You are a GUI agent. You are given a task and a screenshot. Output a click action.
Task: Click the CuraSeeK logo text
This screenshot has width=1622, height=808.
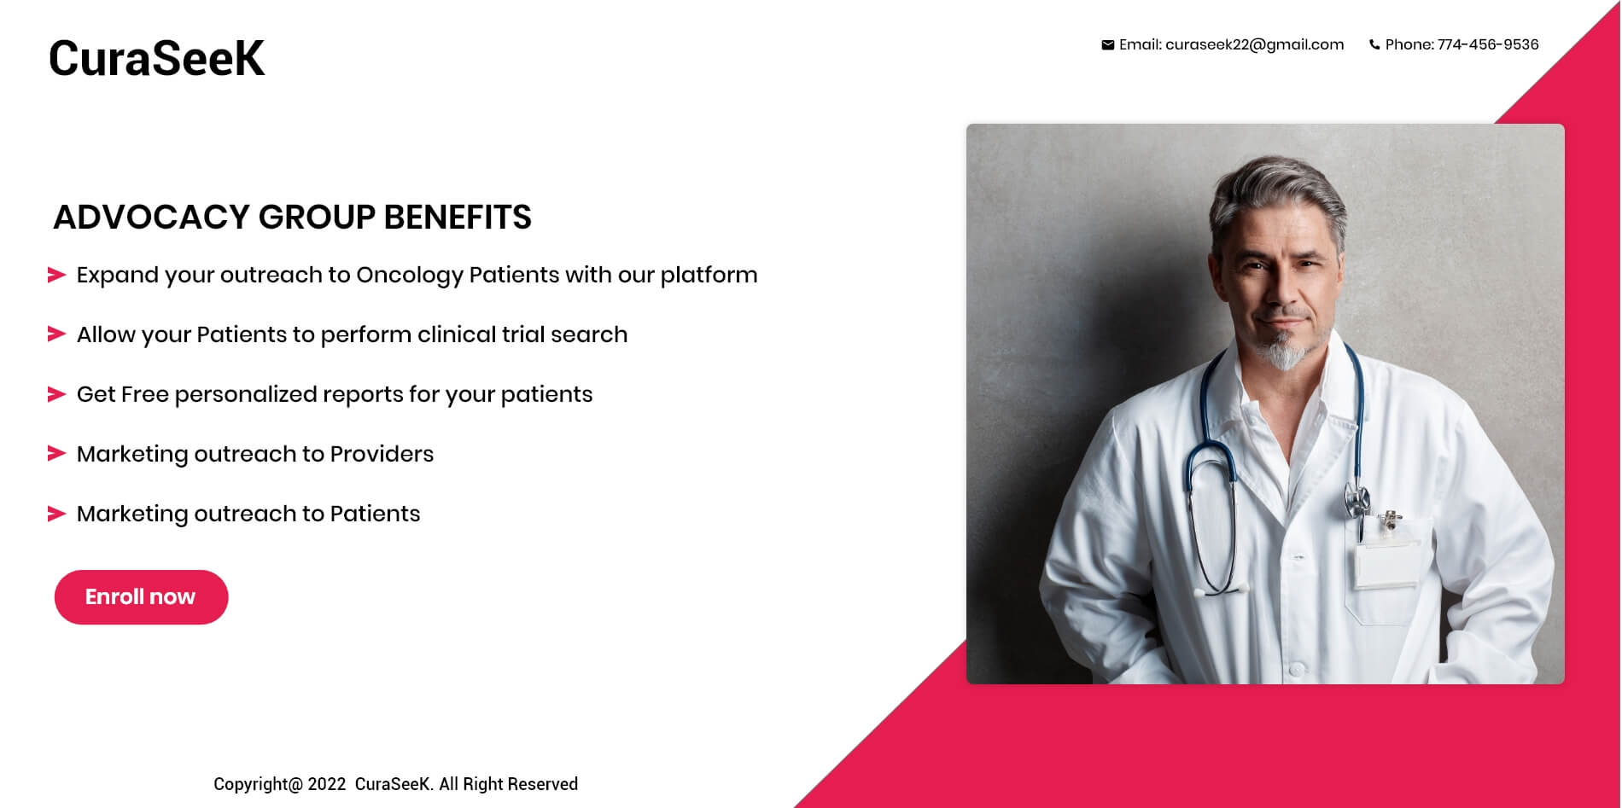pyautogui.click(x=156, y=58)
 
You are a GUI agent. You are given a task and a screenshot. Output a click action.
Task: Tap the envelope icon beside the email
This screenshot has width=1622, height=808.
pyautogui.click(x=1107, y=45)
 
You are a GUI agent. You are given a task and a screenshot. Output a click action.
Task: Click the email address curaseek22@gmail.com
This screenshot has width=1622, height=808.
pyautogui.click(x=1254, y=44)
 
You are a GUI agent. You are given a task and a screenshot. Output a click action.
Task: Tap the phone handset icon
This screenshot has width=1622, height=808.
pyautogui.click(x=1374, y=45)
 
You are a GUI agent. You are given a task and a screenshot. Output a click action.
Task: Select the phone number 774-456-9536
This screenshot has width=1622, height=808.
pyautogui.click(x=1488, y=44)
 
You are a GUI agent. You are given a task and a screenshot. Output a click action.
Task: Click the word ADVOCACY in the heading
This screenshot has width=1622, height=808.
pyautogui.click(x=151, y=217)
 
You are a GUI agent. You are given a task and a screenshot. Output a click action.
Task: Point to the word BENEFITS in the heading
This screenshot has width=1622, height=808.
pyautogui.click(x=458, y=217)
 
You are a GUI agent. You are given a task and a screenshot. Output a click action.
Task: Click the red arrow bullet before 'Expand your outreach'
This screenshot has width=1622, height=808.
pyautogui.click(x=56, y=275)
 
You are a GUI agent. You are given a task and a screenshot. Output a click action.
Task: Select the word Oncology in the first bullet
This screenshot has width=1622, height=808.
pyautogui.click(x=409, y=276)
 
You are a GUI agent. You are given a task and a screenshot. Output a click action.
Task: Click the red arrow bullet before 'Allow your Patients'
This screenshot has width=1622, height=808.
pyautogui.click(x=56, y=334)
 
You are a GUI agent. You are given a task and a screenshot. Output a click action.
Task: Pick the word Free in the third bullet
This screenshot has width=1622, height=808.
pyautogui.click(x=145, y=394)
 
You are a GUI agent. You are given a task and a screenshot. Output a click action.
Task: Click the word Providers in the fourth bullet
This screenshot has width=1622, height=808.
pyautogui.click(x=382, y=454)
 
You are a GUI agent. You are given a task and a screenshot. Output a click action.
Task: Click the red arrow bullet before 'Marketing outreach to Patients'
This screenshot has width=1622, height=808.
pyautogui.click(x=56, y=514)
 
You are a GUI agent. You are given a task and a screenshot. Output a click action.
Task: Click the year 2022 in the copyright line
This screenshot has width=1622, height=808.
pyautogui.click(x=327, y=784)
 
